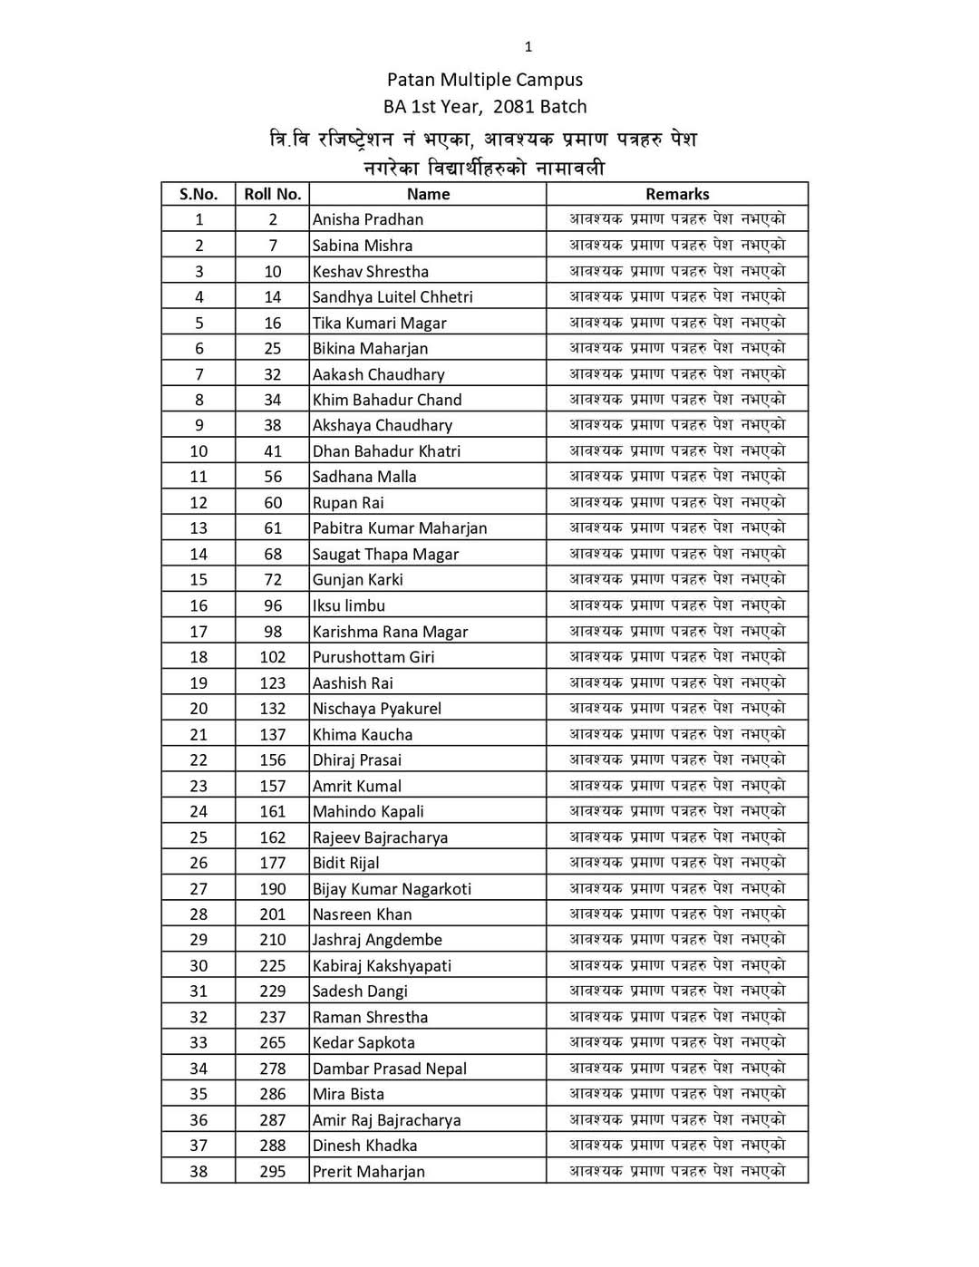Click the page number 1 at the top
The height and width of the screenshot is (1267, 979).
[528, 47]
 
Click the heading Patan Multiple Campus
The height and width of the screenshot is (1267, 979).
[485, 80]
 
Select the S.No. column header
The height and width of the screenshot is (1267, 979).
[199, 194]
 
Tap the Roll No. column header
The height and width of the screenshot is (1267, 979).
[272, 194]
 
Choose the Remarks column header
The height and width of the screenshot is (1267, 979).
[677, 194]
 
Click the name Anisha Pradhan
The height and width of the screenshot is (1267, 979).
[368, 219]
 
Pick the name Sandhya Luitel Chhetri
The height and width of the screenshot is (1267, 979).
[393, 296]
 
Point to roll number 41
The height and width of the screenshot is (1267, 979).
[273, 451]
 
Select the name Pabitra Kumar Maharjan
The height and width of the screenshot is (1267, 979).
[400, 528]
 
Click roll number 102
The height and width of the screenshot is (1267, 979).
[273, 657]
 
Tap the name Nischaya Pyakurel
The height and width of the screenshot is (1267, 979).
[377, 709]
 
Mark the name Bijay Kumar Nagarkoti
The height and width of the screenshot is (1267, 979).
[392, 889]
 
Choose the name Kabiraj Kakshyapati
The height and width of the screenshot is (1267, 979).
[382, 966]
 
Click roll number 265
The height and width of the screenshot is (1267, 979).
[273, 1043]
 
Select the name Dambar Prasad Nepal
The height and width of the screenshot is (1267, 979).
[390, 1069]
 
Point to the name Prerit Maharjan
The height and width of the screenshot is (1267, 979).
[369, 1172]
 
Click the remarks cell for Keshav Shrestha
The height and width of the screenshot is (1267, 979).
[677, 271]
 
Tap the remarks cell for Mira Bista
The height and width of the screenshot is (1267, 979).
[677, 1094]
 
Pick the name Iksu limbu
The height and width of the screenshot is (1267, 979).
[349, 605]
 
